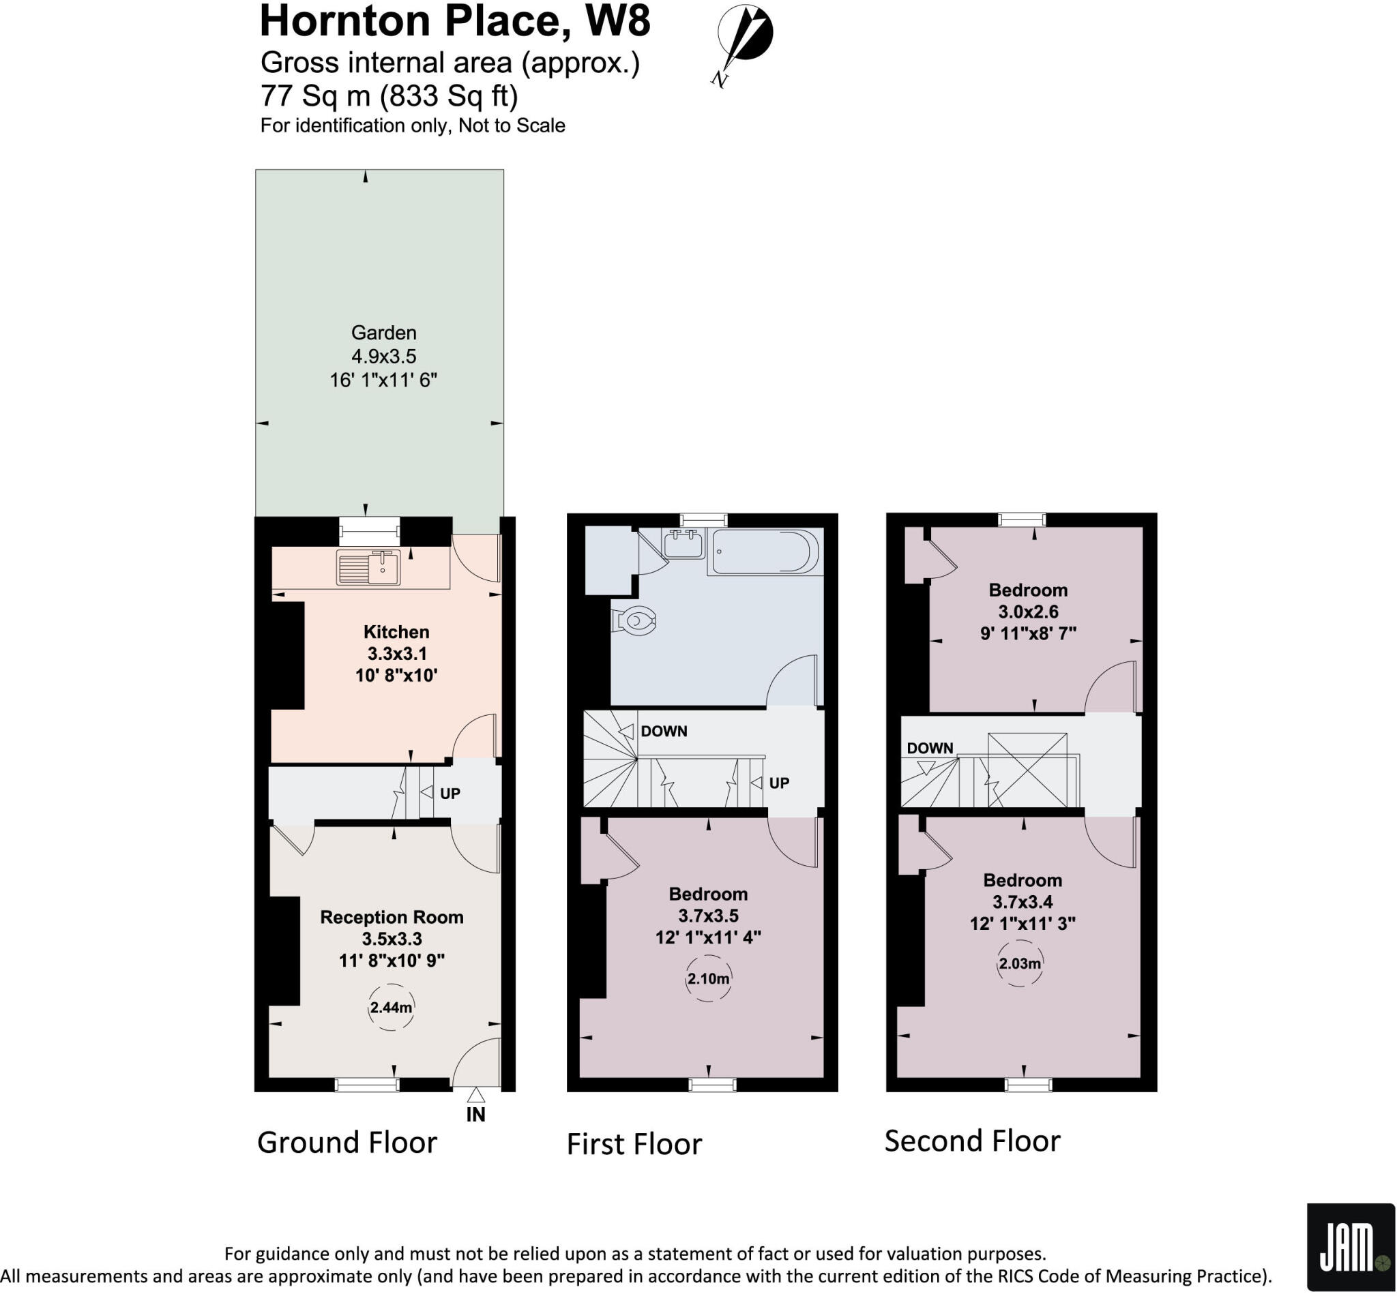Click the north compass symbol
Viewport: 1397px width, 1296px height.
tap(744, 36)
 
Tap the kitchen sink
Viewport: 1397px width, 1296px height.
tap(368, 567)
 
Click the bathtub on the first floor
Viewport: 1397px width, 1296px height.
tap(764, 552)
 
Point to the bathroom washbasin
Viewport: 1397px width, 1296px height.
tap(683, 544)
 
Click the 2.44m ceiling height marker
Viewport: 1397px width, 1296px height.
tap(391, 1008)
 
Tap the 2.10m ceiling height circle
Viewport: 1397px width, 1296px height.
tap(708, 978)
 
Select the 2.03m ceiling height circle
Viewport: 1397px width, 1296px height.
tap(1020, 963)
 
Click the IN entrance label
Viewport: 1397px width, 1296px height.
tap(475, 1115)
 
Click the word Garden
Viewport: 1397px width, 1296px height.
tap(383, 333)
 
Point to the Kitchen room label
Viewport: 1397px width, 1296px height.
tap(396, 632)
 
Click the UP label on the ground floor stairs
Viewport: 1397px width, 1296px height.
tap(450, 793)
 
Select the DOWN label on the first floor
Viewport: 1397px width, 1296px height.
tap(663, 732)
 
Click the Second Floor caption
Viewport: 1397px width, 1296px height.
tap(972, 1141)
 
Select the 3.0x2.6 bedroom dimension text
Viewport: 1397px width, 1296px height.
tap(1028, 612)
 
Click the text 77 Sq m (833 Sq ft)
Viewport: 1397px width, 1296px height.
tap(389, 95)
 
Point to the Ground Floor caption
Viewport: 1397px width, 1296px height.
tap(347, 1143)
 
